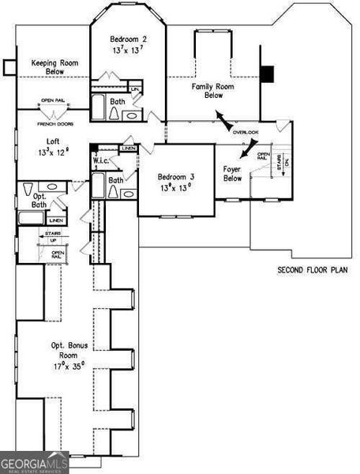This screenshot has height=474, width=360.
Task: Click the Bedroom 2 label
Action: coord(127,39)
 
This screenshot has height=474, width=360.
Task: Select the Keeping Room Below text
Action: coord(53,66)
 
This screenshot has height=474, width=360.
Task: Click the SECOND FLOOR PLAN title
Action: coord(312,270)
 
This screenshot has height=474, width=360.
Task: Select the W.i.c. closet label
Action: coord(101,161)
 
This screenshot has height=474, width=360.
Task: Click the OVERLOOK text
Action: coord(246,132)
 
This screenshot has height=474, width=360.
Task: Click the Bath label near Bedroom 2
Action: coord(117,101)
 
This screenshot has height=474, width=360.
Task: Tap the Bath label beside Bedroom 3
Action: coord(115,180)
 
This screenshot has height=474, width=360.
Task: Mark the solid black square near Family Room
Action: coord(268,73)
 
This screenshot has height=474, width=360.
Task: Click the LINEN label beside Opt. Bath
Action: coord(56,220)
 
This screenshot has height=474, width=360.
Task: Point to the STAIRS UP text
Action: coord(52,237)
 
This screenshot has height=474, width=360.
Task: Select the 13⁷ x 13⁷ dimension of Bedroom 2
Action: coord(127,51)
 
